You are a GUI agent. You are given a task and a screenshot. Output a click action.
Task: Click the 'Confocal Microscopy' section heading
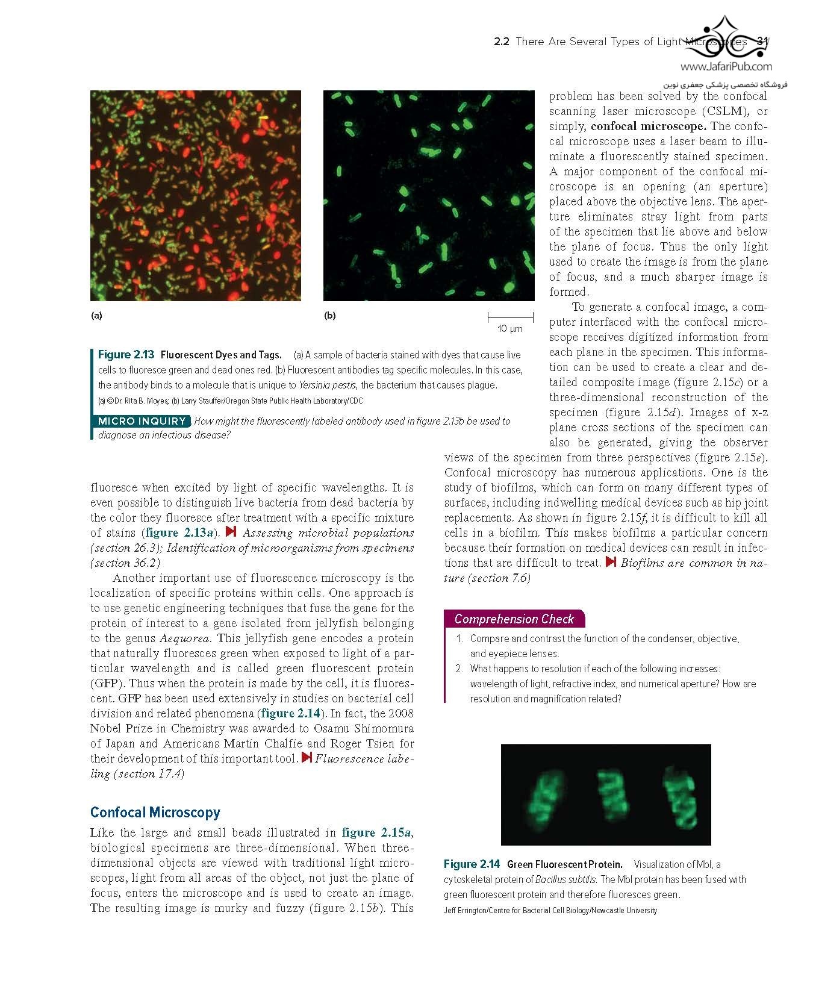155,813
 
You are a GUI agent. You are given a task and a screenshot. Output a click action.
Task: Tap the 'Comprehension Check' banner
514,619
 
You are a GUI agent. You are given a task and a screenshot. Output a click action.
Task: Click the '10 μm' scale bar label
510,329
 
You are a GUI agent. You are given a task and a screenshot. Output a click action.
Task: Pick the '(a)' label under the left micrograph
96,316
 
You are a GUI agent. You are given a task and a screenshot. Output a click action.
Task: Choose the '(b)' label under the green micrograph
329,316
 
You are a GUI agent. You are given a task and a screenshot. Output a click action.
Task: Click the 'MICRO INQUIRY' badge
142,421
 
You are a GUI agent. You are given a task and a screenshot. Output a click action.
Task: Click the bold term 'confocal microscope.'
648,126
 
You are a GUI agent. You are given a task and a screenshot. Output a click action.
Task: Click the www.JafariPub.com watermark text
726,67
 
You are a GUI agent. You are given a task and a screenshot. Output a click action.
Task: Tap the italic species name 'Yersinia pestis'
328,385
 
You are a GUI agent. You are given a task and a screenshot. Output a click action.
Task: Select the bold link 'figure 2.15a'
376,833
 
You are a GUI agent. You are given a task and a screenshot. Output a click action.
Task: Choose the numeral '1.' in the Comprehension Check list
459,638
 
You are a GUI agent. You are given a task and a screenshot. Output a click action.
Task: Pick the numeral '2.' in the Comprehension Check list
459,669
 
